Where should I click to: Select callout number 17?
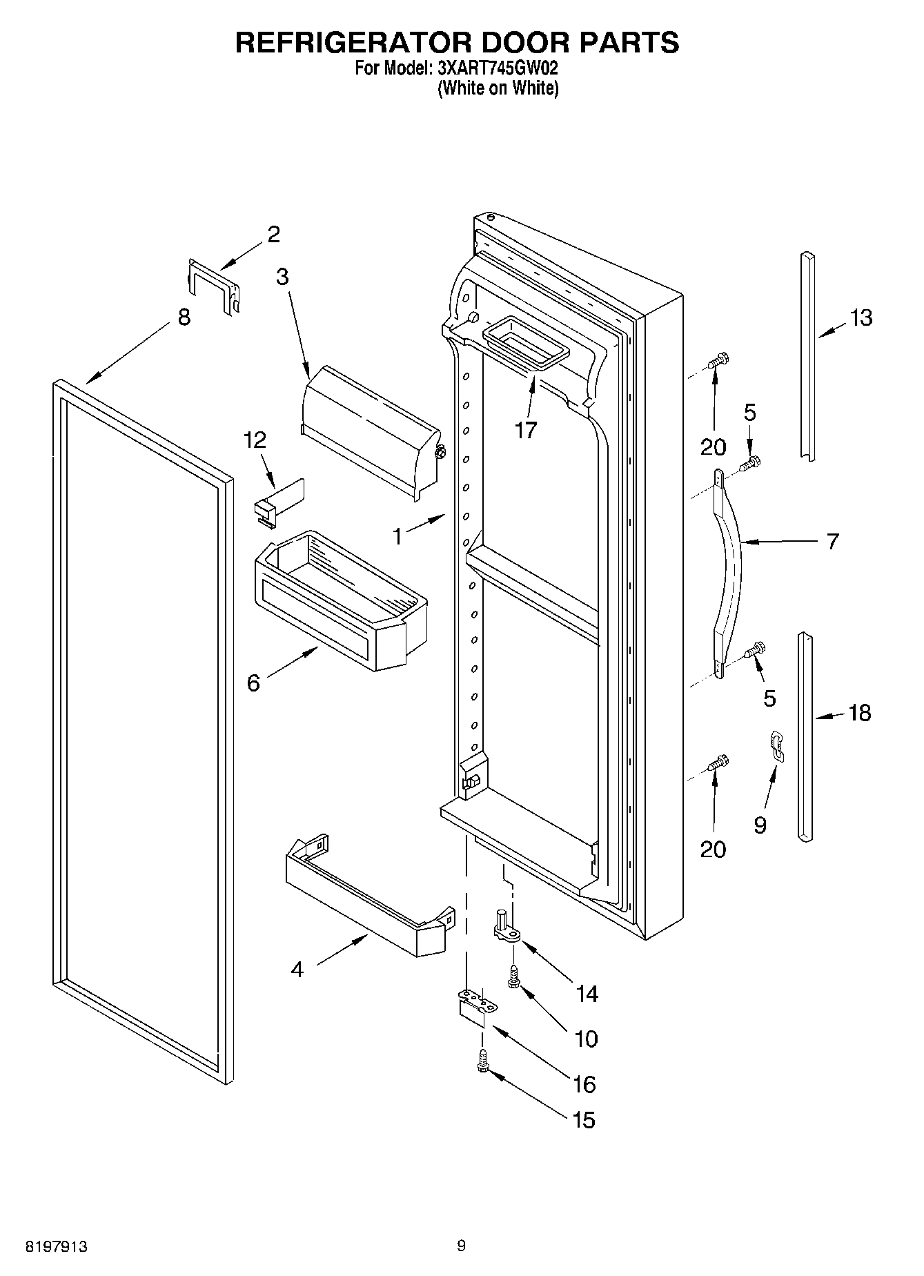(x=525, y=431)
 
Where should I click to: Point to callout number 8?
(x=184, y=317)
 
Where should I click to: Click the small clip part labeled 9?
(x=777, y=747)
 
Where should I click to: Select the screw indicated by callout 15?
(x=483, y=1061)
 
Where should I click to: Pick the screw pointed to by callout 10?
(x=514, y=976)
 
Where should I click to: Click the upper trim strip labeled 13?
(x=807, y=355)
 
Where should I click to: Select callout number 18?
(x=860, y=713)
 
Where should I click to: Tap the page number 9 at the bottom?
(x=462, y=1245)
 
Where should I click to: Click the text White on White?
(x=498, y=88)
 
